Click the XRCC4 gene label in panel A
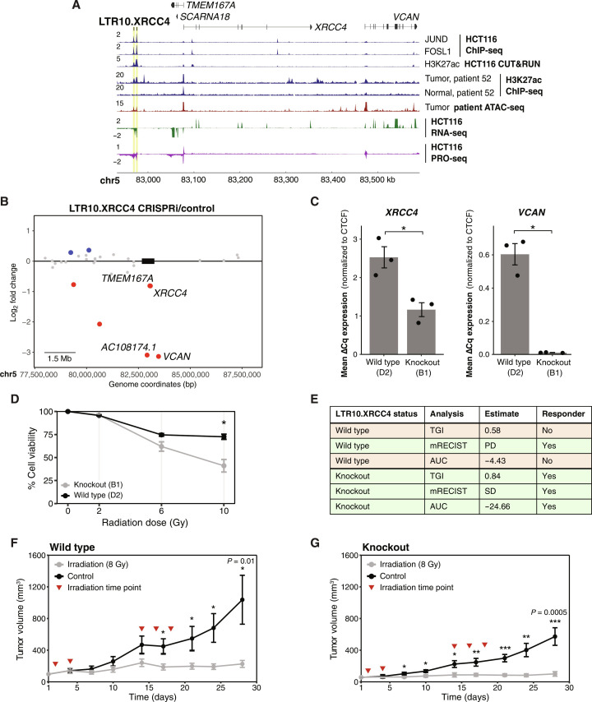point(331,27)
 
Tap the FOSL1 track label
point(437,52)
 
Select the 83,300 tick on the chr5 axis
point(285,180)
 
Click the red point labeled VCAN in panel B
point(159,357)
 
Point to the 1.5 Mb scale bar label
point(59,358)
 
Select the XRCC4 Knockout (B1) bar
point(421,332)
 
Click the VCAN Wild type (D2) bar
point(515,304)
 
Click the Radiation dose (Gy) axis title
point(145,523)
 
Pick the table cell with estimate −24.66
point(508,506)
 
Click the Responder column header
point(563,414)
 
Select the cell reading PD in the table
point(508,446)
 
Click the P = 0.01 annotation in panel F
point(241,561)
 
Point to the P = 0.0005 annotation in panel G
point(549,612)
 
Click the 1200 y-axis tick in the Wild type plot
point(37,587)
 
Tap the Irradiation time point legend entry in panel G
point(410,588)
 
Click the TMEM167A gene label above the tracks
point(210,6)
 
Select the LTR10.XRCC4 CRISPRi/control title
point(141,209)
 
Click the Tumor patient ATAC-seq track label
point(474,108)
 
